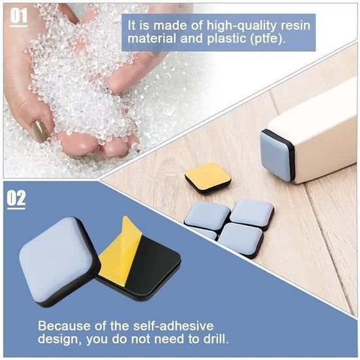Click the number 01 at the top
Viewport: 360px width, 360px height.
[x=18, y=16]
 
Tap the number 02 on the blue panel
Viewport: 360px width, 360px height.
[x=16, y=198]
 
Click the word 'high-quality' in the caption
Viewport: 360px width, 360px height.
[x=242, y=26]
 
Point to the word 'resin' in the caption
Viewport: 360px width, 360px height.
[x=295, y=26]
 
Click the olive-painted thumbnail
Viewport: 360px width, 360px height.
[x=40, y=131]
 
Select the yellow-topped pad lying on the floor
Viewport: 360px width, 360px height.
[x=207, y=178]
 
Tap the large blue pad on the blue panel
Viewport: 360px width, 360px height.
[x=60, y=262]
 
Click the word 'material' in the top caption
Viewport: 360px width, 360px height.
[x=152, y=39]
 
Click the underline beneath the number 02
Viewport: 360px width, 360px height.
[x=16, y=208]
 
